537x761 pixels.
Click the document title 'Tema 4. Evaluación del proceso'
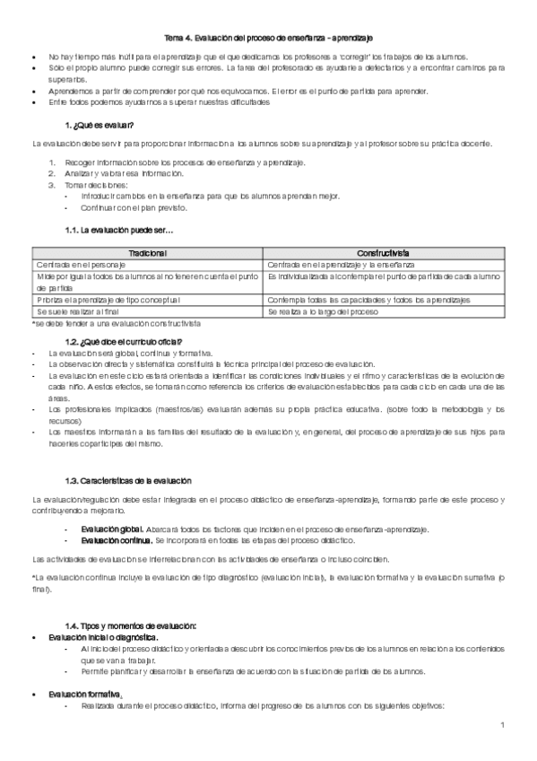pos(268,38)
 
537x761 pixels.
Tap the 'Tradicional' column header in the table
pos(148,254)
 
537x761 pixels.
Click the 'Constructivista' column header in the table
pos(385,254)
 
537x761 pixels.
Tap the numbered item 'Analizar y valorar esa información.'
pos(123,172)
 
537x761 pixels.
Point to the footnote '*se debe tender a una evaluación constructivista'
pos(116,322)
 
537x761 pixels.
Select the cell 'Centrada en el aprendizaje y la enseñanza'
pos(341,266)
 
